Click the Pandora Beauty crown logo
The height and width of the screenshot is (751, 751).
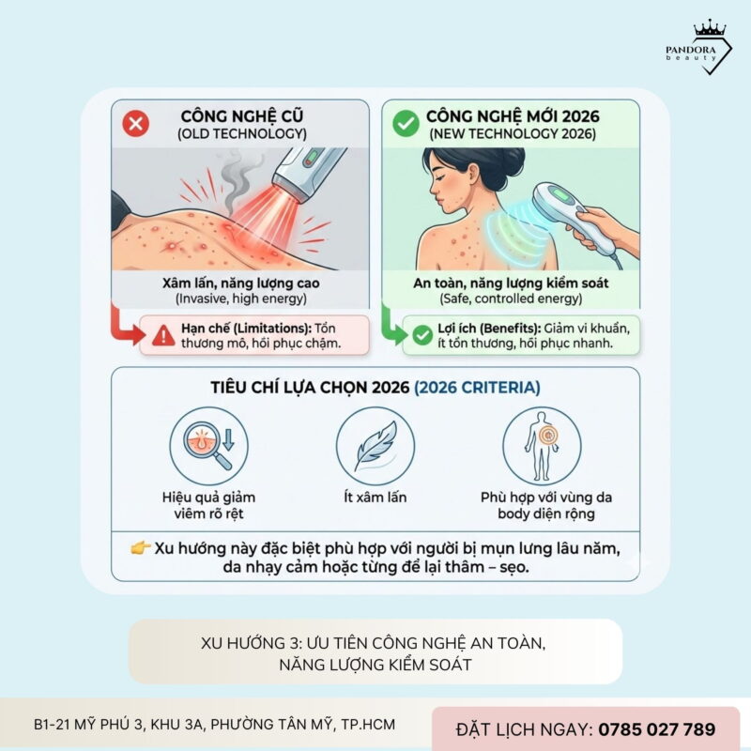[698, 47]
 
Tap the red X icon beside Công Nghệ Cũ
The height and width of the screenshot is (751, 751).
[135, 124]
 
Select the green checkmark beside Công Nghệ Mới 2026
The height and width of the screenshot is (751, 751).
[406, 124]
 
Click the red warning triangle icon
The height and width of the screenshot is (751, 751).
[163, 336]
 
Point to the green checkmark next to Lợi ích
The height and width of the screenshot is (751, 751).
[422, 335]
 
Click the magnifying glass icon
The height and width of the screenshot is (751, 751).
[208, 445]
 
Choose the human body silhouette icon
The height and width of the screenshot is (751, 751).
[542, 445]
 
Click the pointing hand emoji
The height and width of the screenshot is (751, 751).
[140, 547]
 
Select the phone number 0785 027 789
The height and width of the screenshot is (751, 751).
[656, 729]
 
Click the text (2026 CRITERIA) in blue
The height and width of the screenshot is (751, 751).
[477, 387]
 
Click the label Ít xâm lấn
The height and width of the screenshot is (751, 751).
[375, 498]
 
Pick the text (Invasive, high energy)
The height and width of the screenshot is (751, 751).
[241, 299]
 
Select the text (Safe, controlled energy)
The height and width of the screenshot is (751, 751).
[511, 299]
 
